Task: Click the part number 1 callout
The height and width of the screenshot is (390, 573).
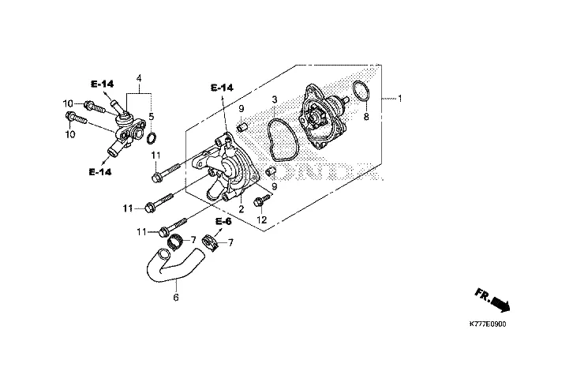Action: [400, 99]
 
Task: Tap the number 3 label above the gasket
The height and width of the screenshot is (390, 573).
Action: [275, 99]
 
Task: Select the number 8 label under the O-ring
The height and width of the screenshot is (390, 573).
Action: [366, 117]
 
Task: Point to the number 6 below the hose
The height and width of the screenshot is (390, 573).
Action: [176, 298]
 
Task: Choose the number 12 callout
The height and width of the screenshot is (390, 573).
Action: [262, 219]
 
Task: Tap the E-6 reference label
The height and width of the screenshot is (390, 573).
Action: [223, 222]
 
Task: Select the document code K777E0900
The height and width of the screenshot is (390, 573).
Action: [488, 324]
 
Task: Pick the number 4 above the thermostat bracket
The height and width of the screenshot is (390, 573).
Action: [139, 78]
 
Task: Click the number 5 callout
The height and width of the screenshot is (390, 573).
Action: [152, 117]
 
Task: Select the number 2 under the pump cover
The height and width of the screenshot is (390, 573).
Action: [242, 209]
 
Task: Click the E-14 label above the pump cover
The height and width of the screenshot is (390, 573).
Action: [222, 88]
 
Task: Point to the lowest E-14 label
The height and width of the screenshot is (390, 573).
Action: [99, 171]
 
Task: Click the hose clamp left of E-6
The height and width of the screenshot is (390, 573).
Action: [174, 242]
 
